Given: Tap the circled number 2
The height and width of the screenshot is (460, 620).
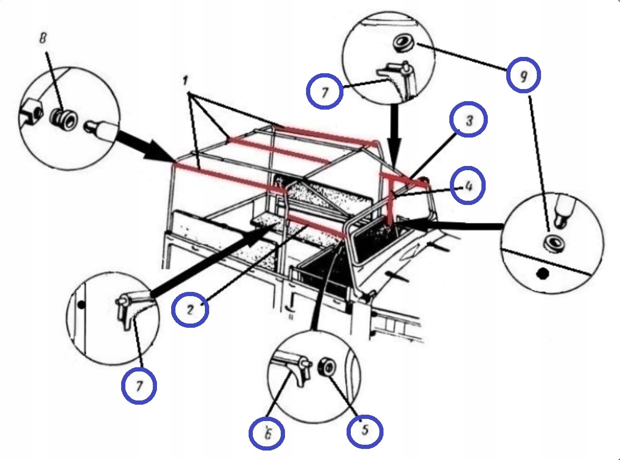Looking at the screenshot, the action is pos(190,308).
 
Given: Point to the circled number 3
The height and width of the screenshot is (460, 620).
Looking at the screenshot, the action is pos(468,119).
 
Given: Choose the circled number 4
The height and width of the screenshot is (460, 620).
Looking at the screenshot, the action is pos(467,186).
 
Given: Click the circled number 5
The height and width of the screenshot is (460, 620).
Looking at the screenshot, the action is pos(365,430).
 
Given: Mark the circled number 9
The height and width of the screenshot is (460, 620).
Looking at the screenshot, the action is pos(524,77).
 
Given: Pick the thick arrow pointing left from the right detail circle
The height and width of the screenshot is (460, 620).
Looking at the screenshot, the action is pos(453,226).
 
